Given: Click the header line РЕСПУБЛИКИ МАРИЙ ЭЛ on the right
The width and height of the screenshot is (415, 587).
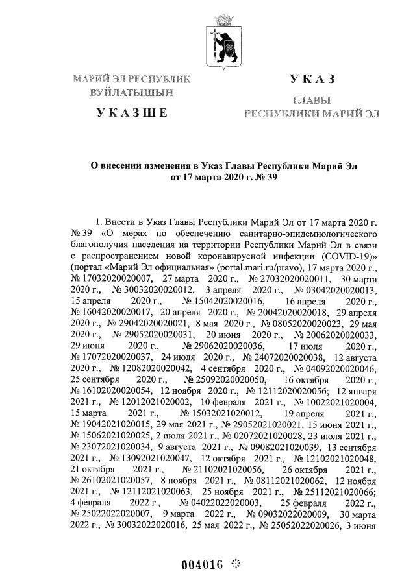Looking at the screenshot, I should click(312, 114).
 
